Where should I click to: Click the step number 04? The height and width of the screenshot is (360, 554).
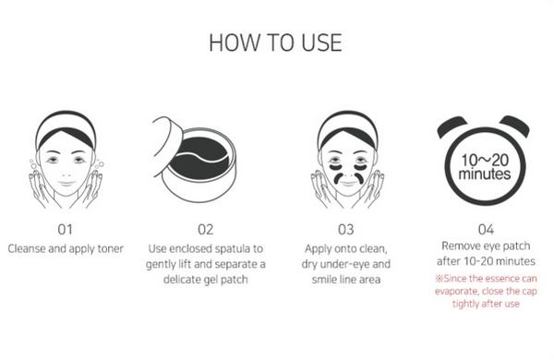(487, 228)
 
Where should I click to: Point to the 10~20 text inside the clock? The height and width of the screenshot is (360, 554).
(486, 159)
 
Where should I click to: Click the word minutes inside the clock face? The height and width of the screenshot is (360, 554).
(486, 174)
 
